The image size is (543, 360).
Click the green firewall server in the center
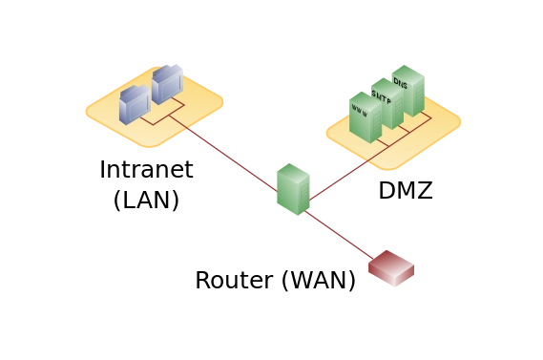293,189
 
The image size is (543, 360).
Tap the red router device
391,268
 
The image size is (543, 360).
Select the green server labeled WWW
365,118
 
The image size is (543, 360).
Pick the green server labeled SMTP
386,105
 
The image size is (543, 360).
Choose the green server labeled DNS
407,91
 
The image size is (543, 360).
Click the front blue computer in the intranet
134,104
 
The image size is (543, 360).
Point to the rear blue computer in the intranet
166,84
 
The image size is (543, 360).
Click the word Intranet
146,170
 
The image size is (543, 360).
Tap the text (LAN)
146,200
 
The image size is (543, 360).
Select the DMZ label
405,191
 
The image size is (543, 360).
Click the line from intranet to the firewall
224,156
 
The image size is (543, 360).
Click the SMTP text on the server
382,97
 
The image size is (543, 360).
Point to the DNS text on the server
401,84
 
